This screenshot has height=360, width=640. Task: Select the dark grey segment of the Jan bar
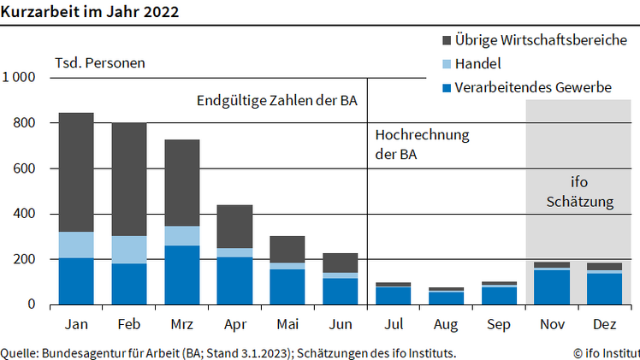(x=76, y=172)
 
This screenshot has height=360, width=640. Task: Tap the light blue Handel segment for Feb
(x=129, y=250)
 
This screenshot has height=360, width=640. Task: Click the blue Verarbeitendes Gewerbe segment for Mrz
(x=181, y=274)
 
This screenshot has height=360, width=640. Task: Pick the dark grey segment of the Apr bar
(x=234, y=227)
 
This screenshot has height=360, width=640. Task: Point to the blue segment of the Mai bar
(x=287, y=286)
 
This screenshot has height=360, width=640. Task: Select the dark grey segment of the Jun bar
(x=340, y=263)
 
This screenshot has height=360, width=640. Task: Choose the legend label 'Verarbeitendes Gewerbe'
(x=532, y=87)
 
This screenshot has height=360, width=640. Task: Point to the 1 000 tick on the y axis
(x=18, y=78)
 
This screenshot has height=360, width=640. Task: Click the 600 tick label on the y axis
(x=24, y=168)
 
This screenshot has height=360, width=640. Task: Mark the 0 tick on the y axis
(x=31, y=304)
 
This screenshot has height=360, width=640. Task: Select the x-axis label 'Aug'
(x=445, y=326)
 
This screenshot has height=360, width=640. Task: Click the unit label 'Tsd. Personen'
(x=100, y=63)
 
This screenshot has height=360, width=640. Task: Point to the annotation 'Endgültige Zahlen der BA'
(x=276, y=102)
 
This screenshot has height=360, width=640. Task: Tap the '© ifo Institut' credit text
(x=606, y=352)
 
